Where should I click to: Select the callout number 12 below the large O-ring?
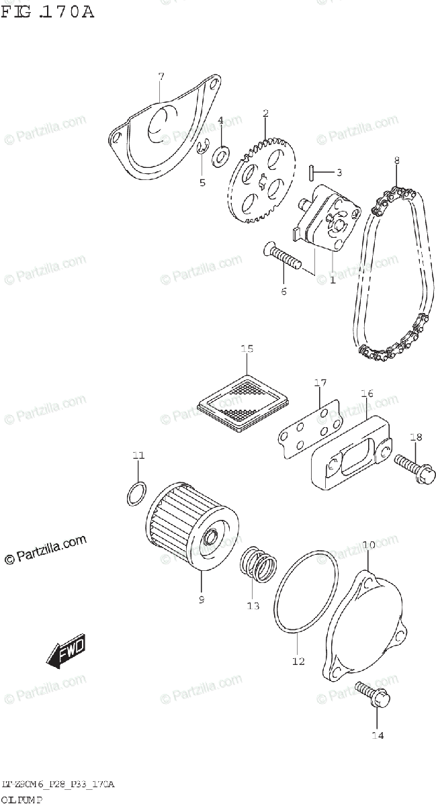pos(298,661)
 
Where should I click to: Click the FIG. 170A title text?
pos(47,11)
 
